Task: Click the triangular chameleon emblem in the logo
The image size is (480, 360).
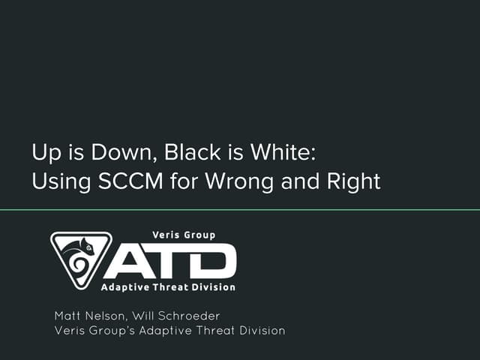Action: coord(80,259)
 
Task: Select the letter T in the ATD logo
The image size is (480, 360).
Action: coord(169,262)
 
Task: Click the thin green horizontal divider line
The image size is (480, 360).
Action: coord(240,210)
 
